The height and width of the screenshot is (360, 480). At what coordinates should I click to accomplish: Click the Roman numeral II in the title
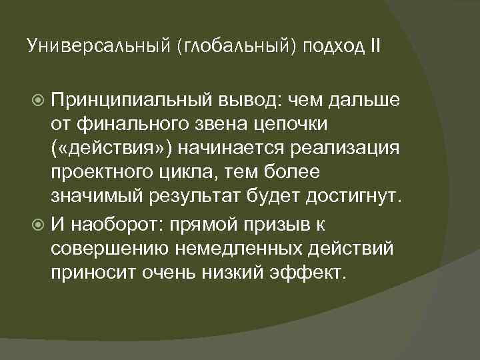(x=376, y=47)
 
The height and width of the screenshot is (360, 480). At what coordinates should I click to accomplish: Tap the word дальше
(x=363, y=100)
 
